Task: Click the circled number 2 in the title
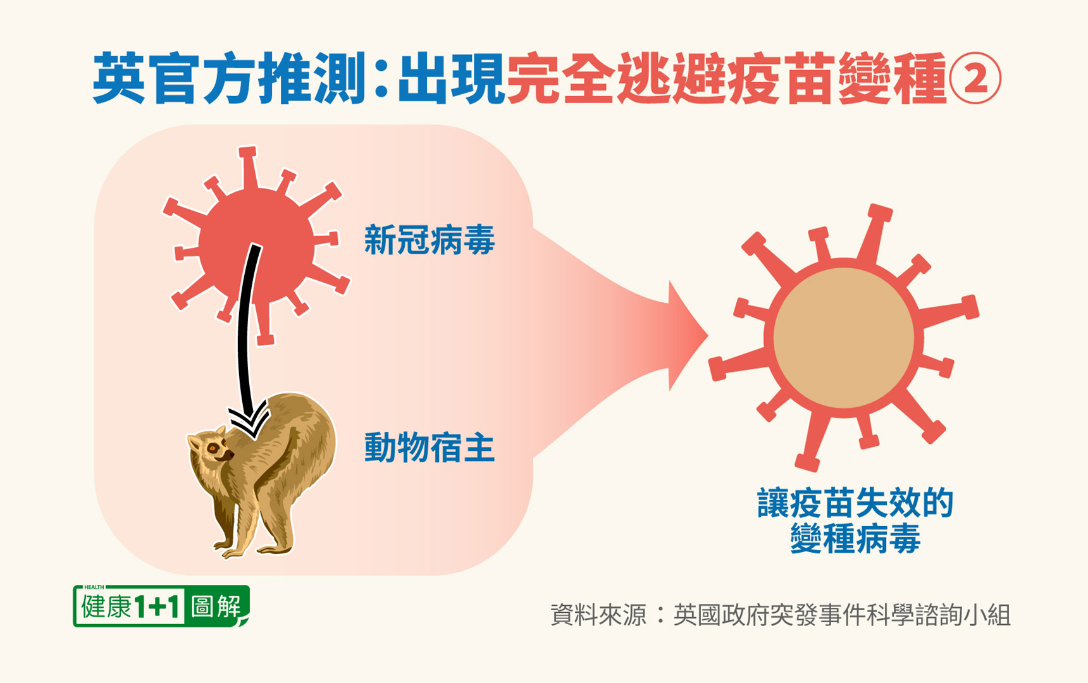tap(975, 78)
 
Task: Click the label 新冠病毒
tap(430, 240)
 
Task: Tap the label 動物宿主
tap(430, 448)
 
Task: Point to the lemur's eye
tap(214, 448)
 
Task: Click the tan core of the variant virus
tap(844, 338)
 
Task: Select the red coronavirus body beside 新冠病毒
tap(256, 245)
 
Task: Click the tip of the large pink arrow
tap(707, 336)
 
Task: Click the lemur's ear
tap(219, 432)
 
